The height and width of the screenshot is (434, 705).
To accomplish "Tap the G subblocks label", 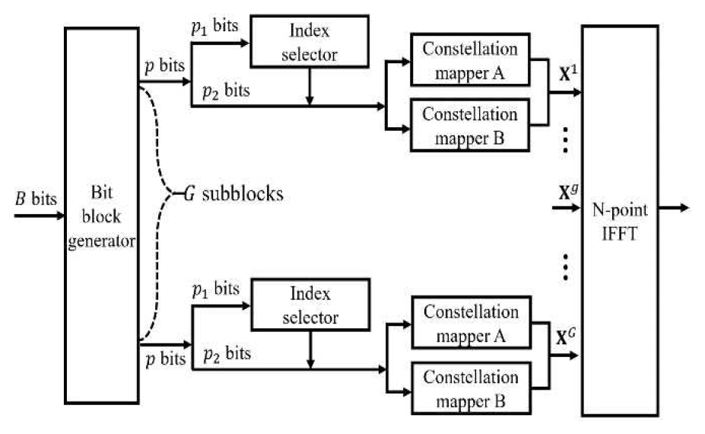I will (x=232, y=194).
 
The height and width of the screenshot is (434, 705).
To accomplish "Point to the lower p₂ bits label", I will (x=227, y=353).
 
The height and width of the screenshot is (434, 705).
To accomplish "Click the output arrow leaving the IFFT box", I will (x=673, y=207).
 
